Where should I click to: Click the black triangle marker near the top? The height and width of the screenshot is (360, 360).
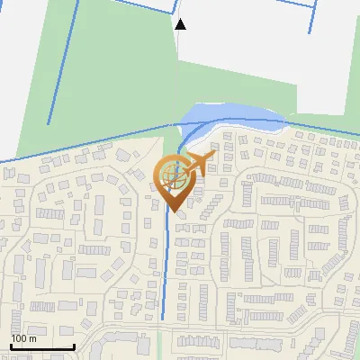(180, 24)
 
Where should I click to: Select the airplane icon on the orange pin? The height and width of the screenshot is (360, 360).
(196, 164)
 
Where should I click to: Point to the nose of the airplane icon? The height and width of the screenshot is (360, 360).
(212, 155)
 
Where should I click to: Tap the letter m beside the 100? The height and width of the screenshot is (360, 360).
(32, 338)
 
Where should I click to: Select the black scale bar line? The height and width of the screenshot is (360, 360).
(41, 346)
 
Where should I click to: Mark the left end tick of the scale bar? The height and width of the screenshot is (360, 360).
(11, 345)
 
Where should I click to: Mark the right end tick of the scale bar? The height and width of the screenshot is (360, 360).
(73, 345)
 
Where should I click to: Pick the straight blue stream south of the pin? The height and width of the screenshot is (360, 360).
(166, 261)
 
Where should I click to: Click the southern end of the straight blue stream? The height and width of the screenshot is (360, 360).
(163, 318)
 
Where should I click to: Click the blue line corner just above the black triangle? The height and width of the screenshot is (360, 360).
(174, 11)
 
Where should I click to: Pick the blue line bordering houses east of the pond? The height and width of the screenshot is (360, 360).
(324, 128)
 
